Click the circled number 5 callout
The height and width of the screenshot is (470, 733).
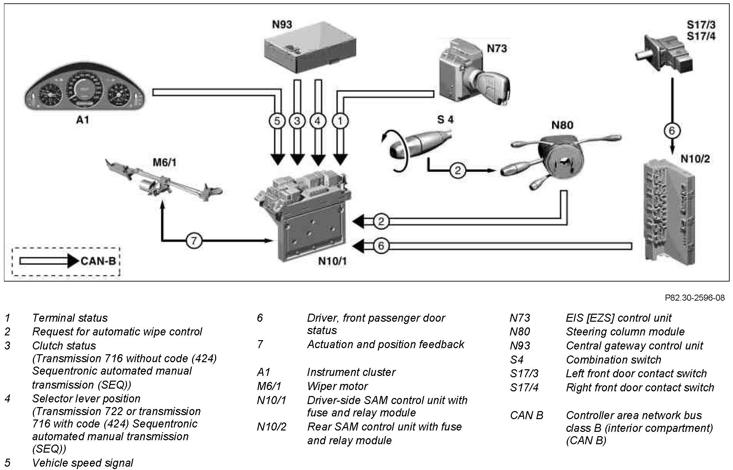(x=277, y=121)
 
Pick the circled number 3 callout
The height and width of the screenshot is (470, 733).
(x=297, y=121)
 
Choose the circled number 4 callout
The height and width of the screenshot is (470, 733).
(x=318, y=121)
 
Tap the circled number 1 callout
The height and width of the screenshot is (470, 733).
(x=340, y=121)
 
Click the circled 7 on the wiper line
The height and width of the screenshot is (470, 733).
(x=193, y=240)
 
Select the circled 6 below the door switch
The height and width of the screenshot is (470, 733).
(x=671, y=131)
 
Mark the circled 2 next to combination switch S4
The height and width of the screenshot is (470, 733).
(x=457, y=171)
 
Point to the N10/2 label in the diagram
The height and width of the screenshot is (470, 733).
(x=695, y=159)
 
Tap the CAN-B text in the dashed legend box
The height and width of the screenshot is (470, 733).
(x=98, y=261)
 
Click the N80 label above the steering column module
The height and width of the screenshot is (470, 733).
(x=562, y=126)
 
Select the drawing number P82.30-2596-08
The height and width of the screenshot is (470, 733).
(x=694, y=298)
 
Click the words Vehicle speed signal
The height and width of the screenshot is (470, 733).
(x=82, y=463)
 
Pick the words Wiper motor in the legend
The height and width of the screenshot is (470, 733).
(x=337, y=386)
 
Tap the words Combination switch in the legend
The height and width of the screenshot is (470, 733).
(x=613, y=360)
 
